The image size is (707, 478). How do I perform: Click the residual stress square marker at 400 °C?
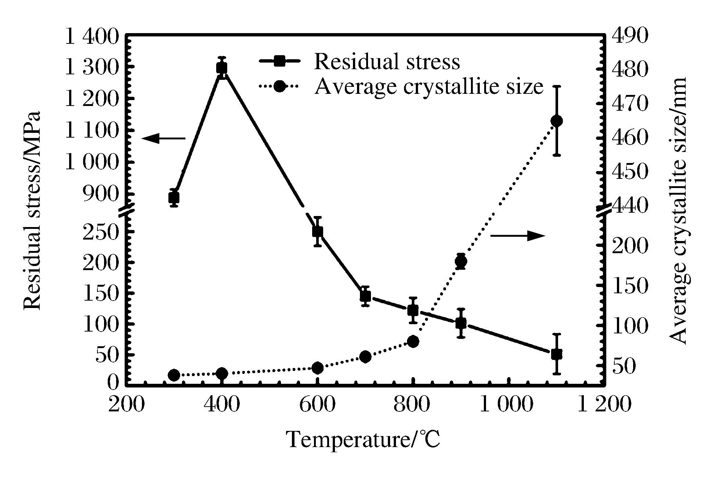[x=222, y=68]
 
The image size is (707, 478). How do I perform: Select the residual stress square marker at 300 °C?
[x=174, y=198]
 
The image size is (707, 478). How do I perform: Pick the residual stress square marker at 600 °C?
[x=318, y=231]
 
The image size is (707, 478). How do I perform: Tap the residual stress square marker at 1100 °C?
[x=557, y=354]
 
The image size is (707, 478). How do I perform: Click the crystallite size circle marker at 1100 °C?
[x=557, y=121]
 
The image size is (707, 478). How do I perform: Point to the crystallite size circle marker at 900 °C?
[x=461, y=261]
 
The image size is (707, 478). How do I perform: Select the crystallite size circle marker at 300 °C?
[x=174, y=375]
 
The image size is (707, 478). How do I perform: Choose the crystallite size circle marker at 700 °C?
[x=365, y=357]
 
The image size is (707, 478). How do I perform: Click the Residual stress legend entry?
[x=386, y=61]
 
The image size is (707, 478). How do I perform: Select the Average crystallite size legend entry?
[x=428, y=87]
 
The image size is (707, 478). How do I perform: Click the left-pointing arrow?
[x=163, y=138]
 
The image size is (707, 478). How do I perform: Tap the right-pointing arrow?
[x=518, y=236]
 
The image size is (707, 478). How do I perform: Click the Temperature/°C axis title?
[x=363, y=440]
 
